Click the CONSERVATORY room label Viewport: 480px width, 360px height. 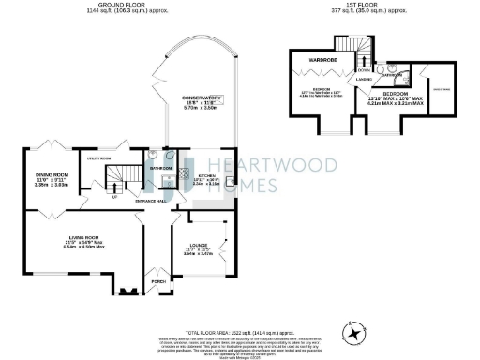202,97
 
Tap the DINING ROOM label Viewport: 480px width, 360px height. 52,175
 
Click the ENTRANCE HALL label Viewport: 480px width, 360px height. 151,202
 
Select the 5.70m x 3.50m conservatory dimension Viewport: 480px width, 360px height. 202,109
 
